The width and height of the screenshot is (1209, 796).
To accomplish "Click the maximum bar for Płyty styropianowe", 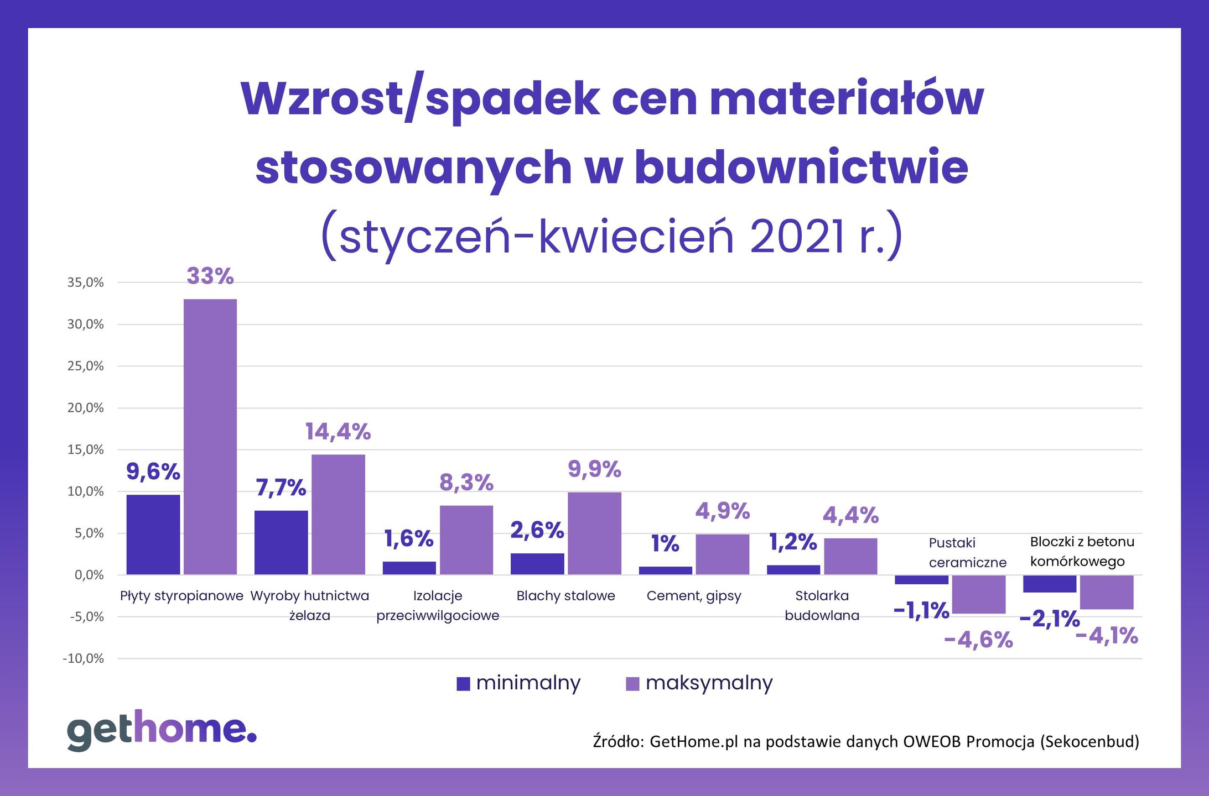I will (210, 437).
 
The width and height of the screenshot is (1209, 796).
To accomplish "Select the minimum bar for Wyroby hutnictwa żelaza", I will (281, 542).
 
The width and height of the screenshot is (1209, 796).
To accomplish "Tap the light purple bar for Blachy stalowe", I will (594, 533).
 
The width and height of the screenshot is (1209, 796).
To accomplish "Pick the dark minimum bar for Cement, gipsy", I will (665, 570).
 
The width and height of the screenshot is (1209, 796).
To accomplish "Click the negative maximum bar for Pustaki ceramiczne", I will (978, 594).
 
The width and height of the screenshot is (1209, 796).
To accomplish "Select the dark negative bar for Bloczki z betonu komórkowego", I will (1049, 584).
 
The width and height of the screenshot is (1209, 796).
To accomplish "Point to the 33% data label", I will (210, 276).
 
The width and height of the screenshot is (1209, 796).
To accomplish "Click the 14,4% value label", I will (338, 431).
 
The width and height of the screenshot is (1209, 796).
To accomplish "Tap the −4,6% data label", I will (978, 640).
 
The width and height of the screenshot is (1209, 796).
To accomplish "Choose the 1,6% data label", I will (408, 538).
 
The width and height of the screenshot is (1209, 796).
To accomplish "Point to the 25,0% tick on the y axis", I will (86, 366).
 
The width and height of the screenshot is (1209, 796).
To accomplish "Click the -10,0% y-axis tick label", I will (84, 658).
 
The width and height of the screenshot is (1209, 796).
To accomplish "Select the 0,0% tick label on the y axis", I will (89, 575).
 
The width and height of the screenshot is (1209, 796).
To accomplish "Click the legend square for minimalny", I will (463, 684).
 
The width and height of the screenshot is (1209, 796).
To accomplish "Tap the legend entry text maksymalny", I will (709, 683).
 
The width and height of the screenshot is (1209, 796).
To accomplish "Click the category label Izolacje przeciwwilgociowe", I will (438, 605).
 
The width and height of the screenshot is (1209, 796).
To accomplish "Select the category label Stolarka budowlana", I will (822, 605).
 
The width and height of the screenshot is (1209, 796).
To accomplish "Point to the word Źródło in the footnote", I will (619, 741).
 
